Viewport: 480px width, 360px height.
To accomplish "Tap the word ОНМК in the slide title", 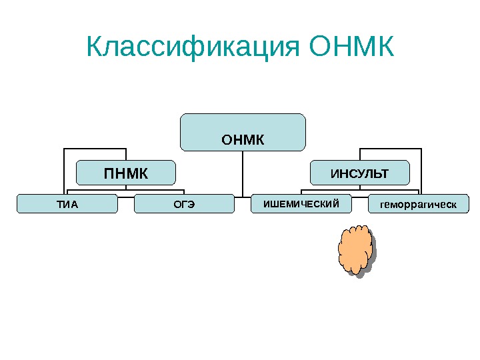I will [x=353, y=47].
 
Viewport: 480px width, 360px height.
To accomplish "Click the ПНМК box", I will [x=125, y=172].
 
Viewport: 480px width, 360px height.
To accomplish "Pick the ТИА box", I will [x=67, y=203].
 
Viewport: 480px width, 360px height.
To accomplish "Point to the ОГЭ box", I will [x=184, y=203].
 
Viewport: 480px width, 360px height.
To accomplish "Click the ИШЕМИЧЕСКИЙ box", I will [x=301, y=203].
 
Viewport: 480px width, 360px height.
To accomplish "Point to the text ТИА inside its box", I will [x=67, y=204].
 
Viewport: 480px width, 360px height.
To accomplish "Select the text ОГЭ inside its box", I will [x=184, y=204].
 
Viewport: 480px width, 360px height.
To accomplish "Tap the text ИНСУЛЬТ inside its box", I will [x=359, y=175].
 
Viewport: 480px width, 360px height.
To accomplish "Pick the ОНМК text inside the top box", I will [x=243, y=141].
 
